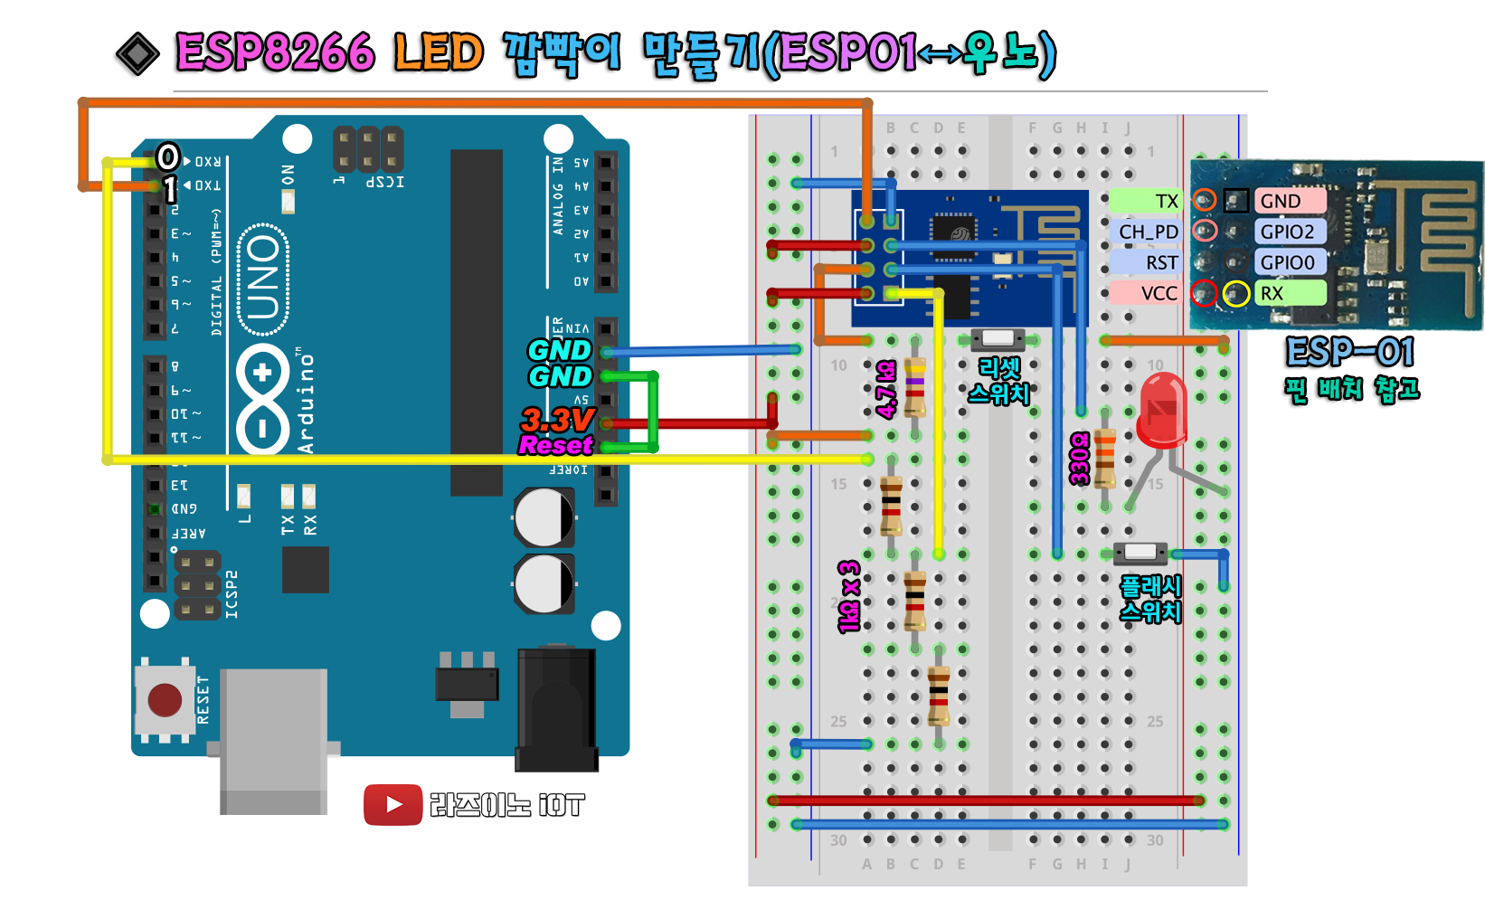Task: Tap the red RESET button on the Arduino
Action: tap(165, 699)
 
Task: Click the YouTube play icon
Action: tap(393, 804)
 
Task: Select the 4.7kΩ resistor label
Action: tap(886, 389)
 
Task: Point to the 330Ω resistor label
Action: tap(1079, 458)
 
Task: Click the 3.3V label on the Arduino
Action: tap(557, 420)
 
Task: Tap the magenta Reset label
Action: tap(555, 445)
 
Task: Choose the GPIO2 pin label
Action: tap(1287, 232)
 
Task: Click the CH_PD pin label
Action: tap(1148, 232)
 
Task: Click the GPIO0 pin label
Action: tap(1287, 262)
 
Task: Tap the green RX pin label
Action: tap(1288, 293)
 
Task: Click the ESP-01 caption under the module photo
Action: tap(1349, 352)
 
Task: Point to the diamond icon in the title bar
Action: tap(138, 54)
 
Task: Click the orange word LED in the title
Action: tap(439, 53)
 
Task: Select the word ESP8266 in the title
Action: tap(275, 53)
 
